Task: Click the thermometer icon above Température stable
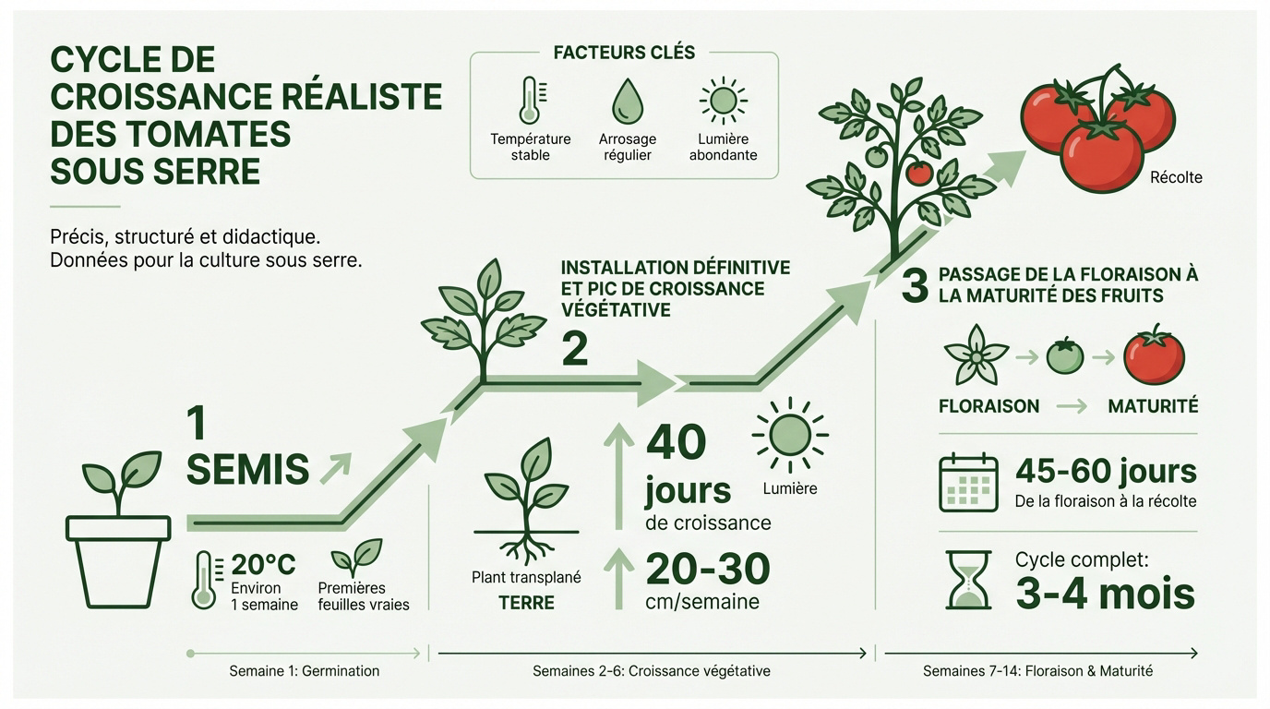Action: (x=530, y=101)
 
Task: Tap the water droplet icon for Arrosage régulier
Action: (x=627, y=100)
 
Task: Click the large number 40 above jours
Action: (x=676, y=443)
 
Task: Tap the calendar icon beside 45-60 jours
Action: (x=968, y=483)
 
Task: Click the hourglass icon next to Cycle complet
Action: (x=968, y=580)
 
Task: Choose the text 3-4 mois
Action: (x=1105, y=594)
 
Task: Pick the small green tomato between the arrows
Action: (x=1064, y=356)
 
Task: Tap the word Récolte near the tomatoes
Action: (x=1176, y=177)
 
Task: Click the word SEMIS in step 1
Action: (x=247, y=470)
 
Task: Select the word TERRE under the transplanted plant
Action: (x=526, y=603)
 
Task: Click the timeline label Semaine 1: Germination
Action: (x=304, y=671)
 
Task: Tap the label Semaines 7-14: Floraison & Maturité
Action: (x=1037, y=671)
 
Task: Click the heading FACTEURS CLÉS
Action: (x=624, y=53)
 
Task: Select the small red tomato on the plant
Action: (x=918, y=173)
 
